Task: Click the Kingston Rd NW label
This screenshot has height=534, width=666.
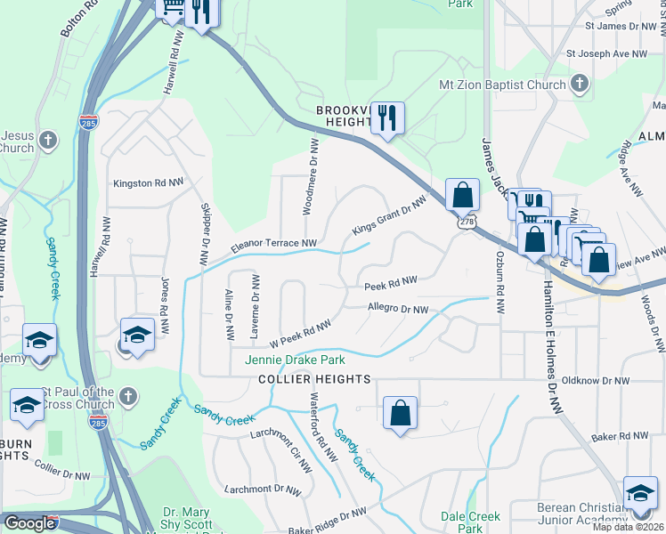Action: (148, 183)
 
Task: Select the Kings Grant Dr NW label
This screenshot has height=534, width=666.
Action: (389, 214)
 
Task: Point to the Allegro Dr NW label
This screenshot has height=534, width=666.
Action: (398, 309)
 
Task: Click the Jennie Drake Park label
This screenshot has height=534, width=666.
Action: (295, 360)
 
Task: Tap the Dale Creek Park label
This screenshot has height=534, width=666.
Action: (471, 522)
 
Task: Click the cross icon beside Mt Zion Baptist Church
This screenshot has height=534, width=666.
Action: (580, 85)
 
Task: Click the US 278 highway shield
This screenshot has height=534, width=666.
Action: (464, 222)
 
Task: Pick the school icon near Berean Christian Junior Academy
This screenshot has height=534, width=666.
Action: (640, 493)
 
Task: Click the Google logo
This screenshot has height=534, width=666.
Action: (29, 523)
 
